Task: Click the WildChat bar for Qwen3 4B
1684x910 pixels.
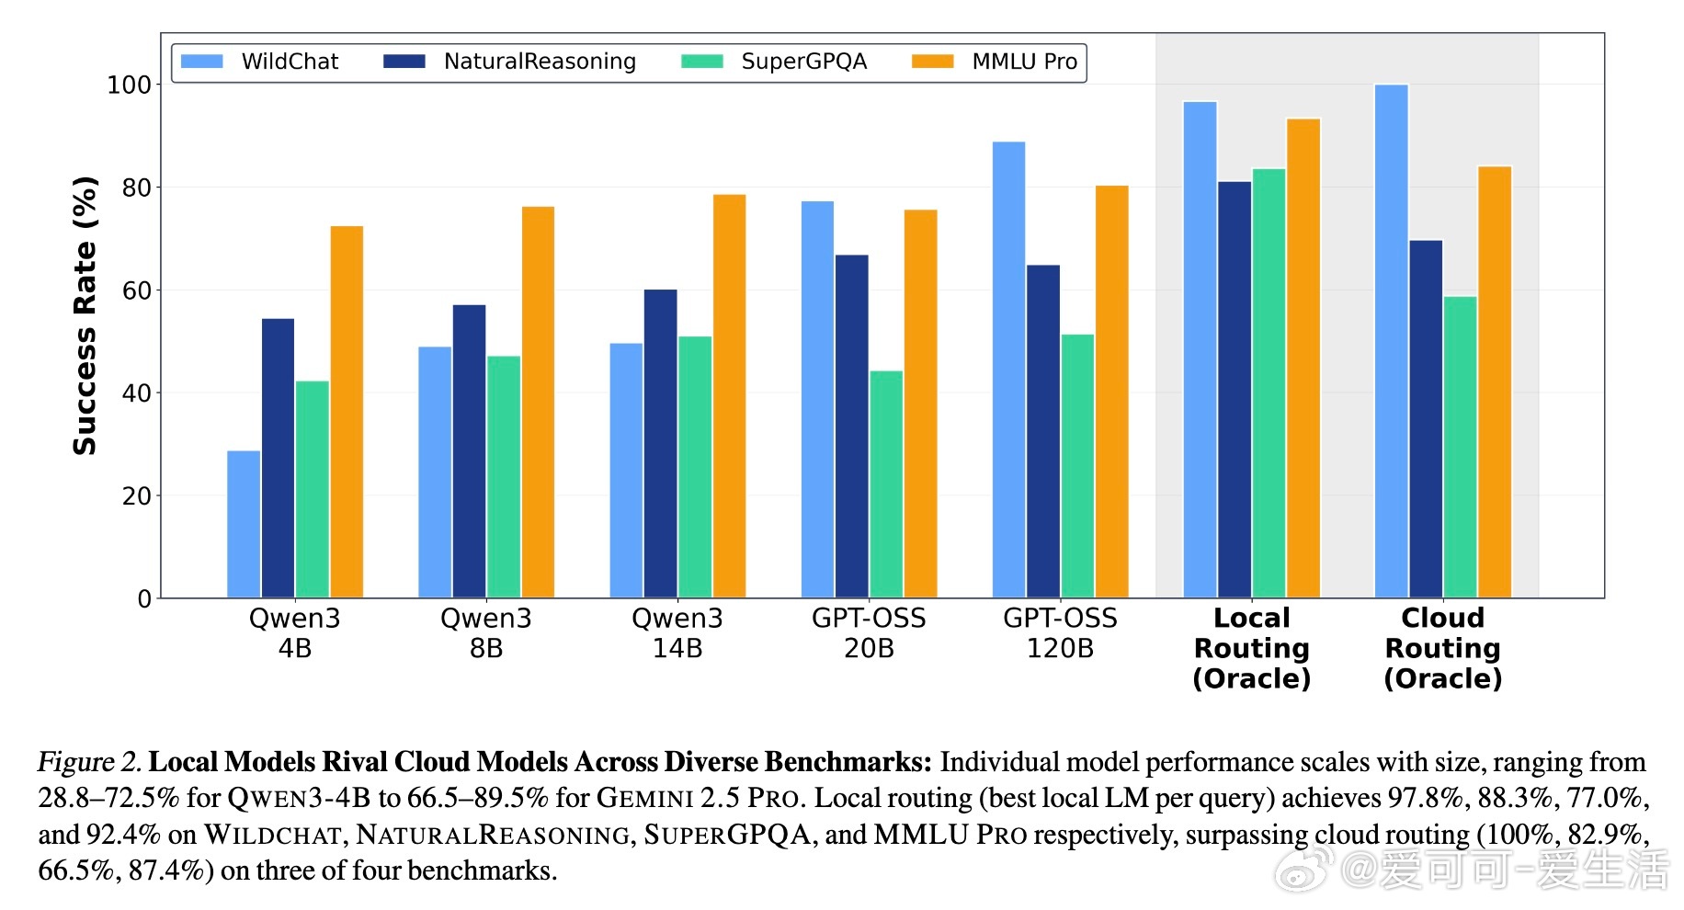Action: (244, 524)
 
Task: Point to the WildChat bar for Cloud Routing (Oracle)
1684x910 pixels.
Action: (1391, 341)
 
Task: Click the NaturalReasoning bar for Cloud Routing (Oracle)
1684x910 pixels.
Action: (1426, 419)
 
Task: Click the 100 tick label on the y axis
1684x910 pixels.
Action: (129, 85)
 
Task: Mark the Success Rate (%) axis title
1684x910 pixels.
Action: (85, 315)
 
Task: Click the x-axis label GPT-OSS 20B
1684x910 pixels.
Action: (869, 633)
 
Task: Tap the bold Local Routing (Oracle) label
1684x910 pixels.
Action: (1251, 648)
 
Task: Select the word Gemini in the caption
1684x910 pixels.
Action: (644, 798)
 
